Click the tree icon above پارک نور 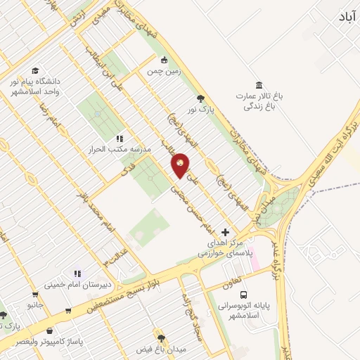pyautogui.click(x=202, y=98)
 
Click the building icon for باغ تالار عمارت pyautogui.click(x=259, y=85)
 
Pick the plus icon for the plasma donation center pyautogui.click(x=225, y=232)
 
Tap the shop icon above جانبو pyautogui.click(x=34, y=295)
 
